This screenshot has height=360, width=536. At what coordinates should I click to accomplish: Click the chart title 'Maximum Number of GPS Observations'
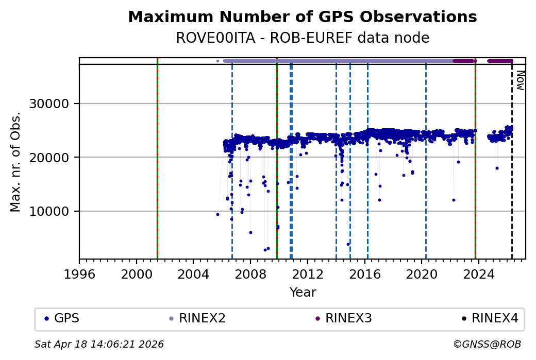point(302,17)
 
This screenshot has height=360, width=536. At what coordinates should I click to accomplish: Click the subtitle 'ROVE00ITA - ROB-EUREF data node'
point(302,38)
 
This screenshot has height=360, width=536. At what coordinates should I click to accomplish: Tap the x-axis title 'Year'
point(303,293)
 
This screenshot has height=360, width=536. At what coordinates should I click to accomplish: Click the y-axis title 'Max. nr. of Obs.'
point(15,162)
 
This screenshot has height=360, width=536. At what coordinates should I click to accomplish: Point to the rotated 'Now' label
point(521,80)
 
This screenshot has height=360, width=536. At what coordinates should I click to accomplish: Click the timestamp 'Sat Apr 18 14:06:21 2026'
point(99,344)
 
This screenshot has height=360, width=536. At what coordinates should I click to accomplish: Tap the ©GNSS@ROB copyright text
point(487,344)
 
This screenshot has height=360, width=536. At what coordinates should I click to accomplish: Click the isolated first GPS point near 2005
point(217,214)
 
